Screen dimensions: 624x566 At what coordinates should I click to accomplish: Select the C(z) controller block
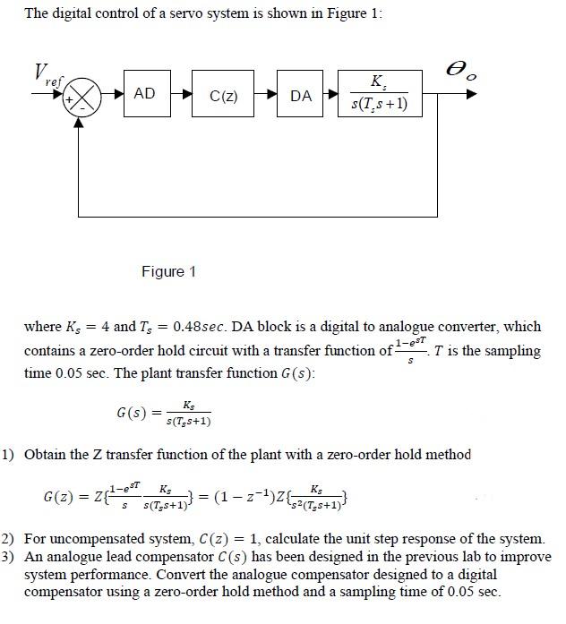pyautogui.click(x=222, y=94)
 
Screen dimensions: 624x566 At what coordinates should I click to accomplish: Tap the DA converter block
pyautogui.click(x=302, y=94)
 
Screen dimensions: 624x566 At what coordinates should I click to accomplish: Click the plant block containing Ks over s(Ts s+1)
pyautogui.click(x=378, y=93)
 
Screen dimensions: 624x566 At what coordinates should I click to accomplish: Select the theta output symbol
pyautogui.click(x=466, y=69)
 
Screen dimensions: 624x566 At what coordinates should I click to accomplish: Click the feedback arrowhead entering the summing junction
pyautogui.click(x=80, y=117)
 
